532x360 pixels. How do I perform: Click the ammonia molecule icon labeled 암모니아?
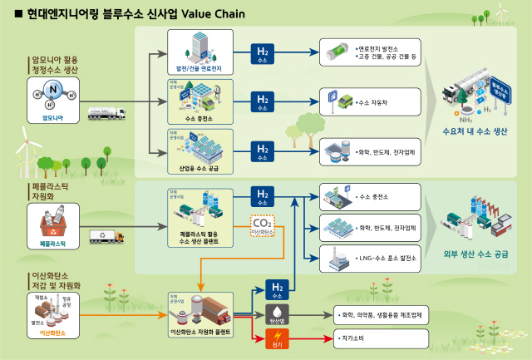[53, 96]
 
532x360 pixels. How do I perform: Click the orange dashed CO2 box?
[264, 226]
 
